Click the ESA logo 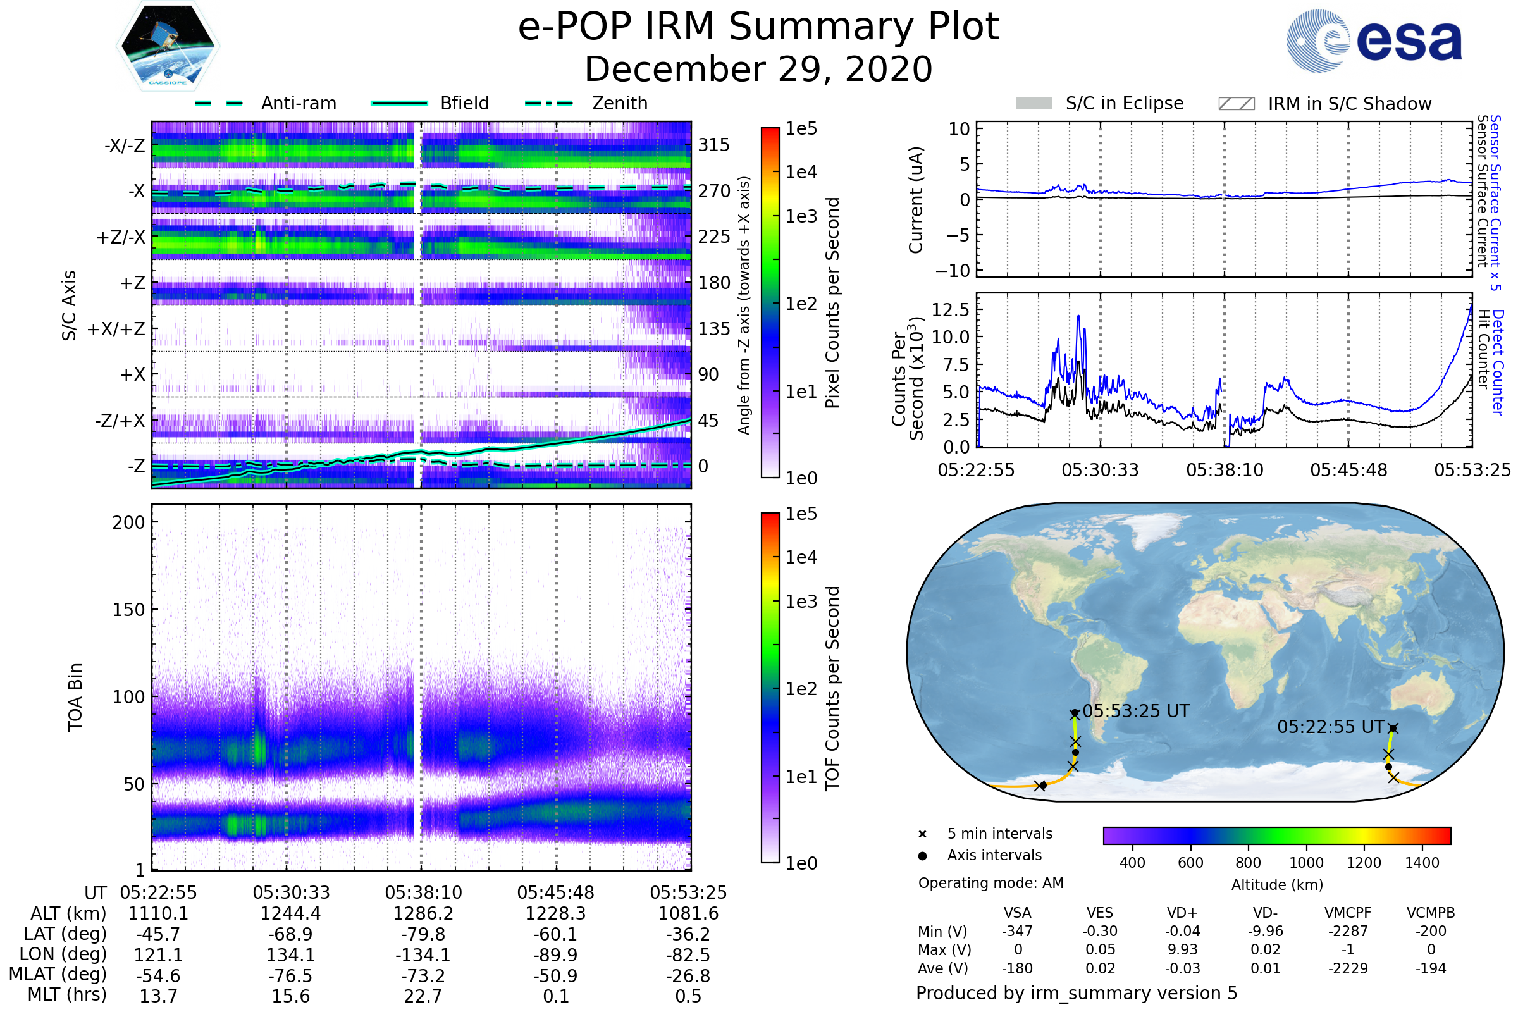click(1373, 40)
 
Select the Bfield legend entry click(430, 103)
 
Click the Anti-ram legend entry click(265, 103)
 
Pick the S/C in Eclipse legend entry click(1100, 103)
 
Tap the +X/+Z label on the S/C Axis click(116, 329)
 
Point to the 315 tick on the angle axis click(714, 145)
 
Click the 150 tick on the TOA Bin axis click(128, 610)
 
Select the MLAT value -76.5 click(290, 975)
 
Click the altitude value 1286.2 click(423, 913)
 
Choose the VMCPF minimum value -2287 click(1348, 931)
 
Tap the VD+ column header click(1182, 913)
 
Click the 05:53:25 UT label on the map click(1136, 711)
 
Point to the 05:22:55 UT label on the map click(1331, 727)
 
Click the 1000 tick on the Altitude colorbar click(1306, 863)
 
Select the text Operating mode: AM click(990, 883)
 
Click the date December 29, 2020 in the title click(758, 69)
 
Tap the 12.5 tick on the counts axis click(951, 310)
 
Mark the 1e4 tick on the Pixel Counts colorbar click(801, 172)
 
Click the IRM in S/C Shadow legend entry click(1324, 104)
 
